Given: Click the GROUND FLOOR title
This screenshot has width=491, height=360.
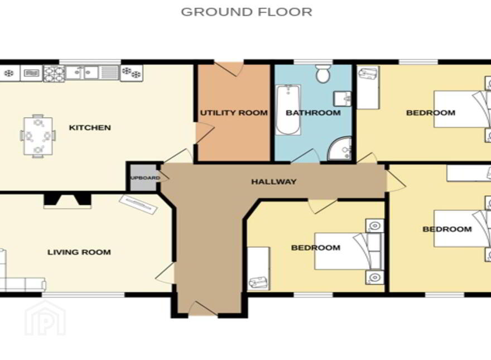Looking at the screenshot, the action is (x=247, y=12).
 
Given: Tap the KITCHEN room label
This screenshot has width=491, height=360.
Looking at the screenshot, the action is (x=90, y=127).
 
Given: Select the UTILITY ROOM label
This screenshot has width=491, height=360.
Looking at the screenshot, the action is (x=234, y=113).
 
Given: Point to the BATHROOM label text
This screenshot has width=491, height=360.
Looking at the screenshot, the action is (x=313, y=113).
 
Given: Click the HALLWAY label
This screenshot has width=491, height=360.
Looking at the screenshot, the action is (x=274, y=182).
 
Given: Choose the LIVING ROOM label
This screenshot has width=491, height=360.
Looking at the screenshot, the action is (x=79, y=252).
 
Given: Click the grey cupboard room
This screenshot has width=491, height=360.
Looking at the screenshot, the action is (x=143, y=177).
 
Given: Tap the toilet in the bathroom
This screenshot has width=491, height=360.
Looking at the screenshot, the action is (x=322, y=74).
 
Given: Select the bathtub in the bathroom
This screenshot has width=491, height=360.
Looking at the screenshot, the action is (x=288, y=110).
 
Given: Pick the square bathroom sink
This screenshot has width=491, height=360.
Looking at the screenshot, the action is (x=343, y=99).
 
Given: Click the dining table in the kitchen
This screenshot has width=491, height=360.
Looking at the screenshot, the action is (x=38, y=136).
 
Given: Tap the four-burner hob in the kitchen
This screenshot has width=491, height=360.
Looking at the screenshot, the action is (x=54, y=74).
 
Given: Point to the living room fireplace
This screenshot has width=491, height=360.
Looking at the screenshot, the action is (x=68, y=201).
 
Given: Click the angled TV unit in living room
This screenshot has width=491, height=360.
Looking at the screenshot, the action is (x=138, y=205).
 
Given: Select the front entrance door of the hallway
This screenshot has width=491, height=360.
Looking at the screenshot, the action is (x=203, y=309).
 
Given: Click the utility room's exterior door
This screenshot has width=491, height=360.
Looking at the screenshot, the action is (x=230, y=69).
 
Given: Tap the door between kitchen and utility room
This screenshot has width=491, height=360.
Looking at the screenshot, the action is (x=204, y=133).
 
